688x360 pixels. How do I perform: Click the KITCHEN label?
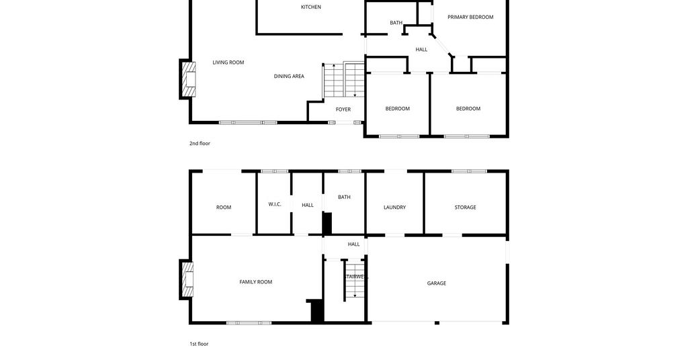tap(310, 7)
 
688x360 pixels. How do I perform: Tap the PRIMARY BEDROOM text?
tap(470, 17)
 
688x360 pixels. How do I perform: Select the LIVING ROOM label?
tap(228, 62)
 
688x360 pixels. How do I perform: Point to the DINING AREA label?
tap(289, 77)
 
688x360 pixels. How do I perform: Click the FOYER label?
tap(343, 109)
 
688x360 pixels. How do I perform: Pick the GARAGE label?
tap(437, 283)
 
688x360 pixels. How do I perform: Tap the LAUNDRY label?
tap(394, 208)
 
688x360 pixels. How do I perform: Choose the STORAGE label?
tap(465, 208)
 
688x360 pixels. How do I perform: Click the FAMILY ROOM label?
tap(256, 282)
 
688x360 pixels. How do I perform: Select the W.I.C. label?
tap(275, 204)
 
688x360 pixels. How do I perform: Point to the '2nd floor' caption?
tap(200, 143)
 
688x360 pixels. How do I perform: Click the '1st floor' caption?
tap(199, 344)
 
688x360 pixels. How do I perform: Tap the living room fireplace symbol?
tap(187, 79)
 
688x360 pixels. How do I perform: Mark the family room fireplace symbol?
tap(187, 280)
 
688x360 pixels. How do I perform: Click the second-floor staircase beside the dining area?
tap(344, 80)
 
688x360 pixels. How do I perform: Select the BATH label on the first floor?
tap(344, 197)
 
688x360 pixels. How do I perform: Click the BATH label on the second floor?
tap(396, 23)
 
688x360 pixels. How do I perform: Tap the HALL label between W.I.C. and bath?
tap(308, 206)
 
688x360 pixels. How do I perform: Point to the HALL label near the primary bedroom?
tap(421, 50)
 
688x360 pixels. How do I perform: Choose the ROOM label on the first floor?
tap(223, 208)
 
